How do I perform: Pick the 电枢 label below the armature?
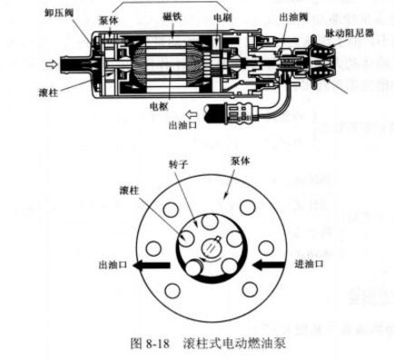coord(173,107)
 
